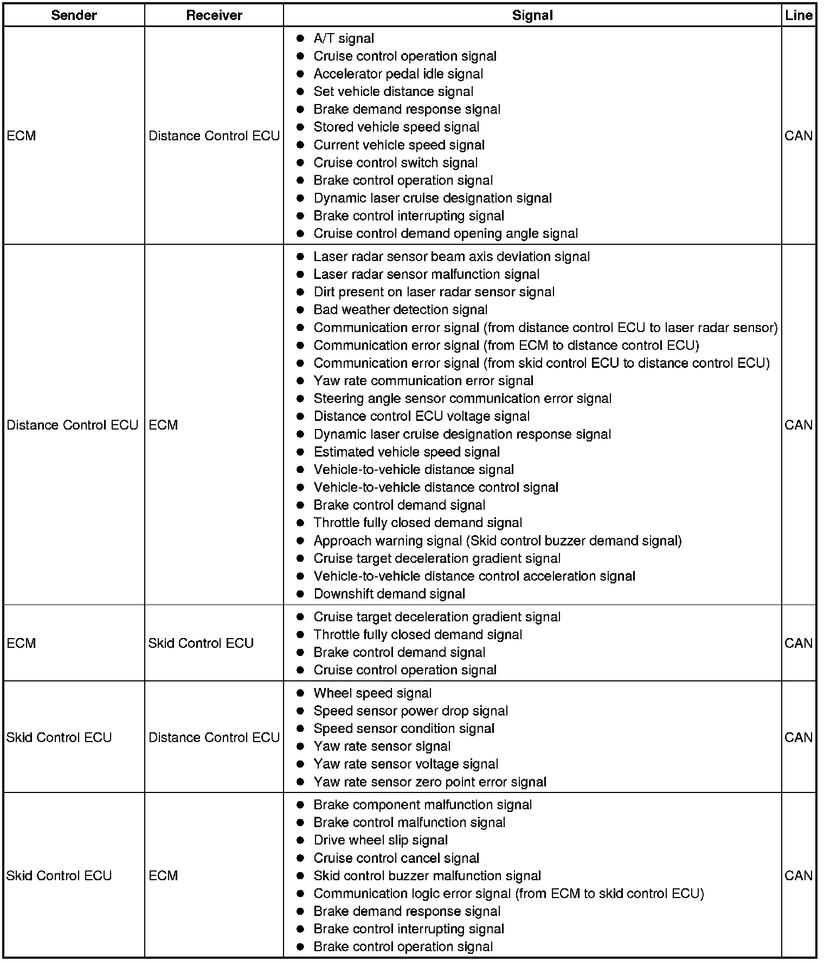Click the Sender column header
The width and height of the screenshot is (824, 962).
point(74,15)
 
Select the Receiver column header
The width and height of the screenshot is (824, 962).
point(214,15)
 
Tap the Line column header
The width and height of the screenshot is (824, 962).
point(799,15)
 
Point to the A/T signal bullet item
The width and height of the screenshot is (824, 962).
point(344,38)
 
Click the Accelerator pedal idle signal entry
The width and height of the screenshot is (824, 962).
point(398,74)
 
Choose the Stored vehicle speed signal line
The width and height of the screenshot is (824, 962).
point(396,127)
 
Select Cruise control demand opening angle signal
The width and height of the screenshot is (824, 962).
point(446,233)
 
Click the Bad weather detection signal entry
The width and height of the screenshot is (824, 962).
point(400,310)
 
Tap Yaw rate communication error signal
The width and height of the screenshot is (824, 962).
point(423,381)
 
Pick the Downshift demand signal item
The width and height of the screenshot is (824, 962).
point(389,594)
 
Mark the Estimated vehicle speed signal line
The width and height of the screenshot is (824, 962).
point(407,452)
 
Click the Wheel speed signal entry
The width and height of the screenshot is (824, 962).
point(372,693)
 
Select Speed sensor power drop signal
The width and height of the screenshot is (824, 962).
point(410,711)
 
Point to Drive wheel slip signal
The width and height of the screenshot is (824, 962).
point(381,840)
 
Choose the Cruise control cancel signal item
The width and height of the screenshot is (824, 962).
point(396,858)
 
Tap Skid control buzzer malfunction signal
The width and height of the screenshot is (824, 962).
point(427,876)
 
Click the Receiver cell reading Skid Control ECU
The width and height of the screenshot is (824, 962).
point(201,643)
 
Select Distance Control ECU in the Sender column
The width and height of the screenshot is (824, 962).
point(72,425)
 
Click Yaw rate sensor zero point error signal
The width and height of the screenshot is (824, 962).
point(430,782)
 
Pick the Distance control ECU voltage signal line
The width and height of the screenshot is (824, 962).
point(422,417)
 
